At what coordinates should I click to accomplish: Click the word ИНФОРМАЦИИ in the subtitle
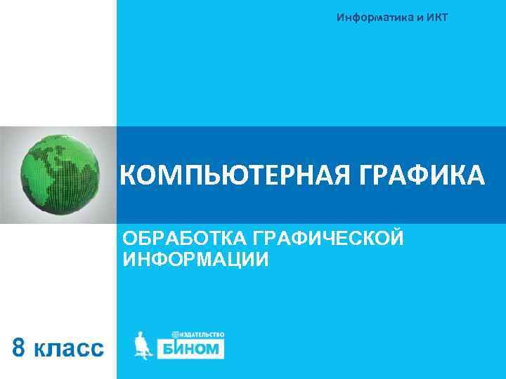pos(195,260)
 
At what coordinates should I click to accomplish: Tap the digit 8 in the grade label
pos(22,347)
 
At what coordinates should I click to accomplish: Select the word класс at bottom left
pos(70,348)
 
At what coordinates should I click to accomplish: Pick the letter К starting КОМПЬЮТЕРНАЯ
pos(129,175)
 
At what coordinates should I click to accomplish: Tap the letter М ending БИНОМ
pos(214,349)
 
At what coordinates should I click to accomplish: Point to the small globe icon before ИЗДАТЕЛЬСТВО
pos(174,335)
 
